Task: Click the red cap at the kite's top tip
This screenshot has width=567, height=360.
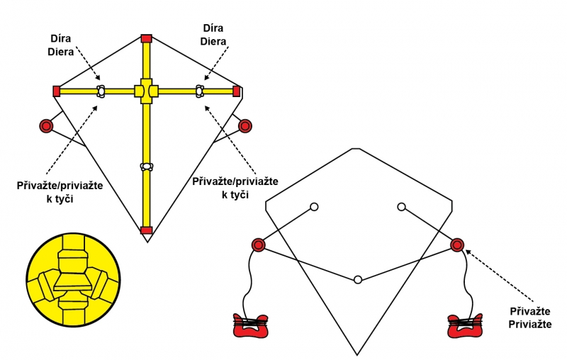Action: [x=147, y=38]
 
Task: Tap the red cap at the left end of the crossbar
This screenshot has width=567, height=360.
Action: [x=56, y=91]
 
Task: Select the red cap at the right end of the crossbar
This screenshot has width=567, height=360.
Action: [x=237, y=91]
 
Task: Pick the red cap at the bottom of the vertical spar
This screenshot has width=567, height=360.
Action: [x=147, y=230]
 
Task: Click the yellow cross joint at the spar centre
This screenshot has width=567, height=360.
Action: [x=147, y=91]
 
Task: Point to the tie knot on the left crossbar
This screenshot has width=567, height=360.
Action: [x=101, y=91]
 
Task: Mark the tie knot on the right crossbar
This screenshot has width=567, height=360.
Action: [x=200, y=91]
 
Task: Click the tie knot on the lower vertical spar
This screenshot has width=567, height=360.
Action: [x=147, y=167]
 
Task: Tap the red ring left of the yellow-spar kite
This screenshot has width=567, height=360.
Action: [x=46, y=126]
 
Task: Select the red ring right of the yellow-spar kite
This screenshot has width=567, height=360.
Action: [x=245, y=126]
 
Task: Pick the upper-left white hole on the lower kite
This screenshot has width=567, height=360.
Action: [x=313, y=207]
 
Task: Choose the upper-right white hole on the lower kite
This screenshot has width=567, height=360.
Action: [x=401, y=207]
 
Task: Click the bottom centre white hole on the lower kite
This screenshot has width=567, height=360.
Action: [x=359, y=280]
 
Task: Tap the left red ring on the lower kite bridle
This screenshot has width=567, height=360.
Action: [x=258, y=245]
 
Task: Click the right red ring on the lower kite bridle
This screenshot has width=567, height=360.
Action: [x=457, y=245]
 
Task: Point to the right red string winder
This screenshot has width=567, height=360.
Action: [x=466, y=326]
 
